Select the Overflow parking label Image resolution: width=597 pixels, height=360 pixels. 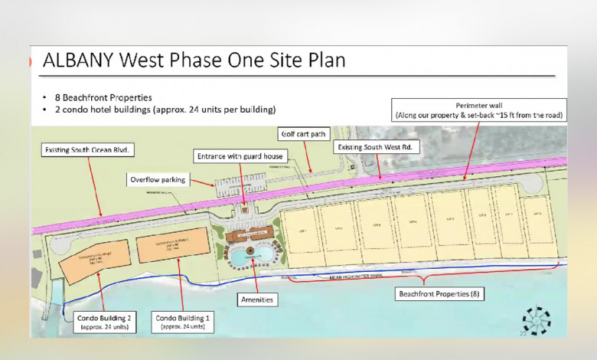pos(157,179)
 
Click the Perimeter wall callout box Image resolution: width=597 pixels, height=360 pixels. pos(479,109)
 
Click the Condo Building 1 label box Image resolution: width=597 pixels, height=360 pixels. pos(183,322)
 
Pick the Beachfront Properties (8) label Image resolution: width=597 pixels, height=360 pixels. pos(439,293)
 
